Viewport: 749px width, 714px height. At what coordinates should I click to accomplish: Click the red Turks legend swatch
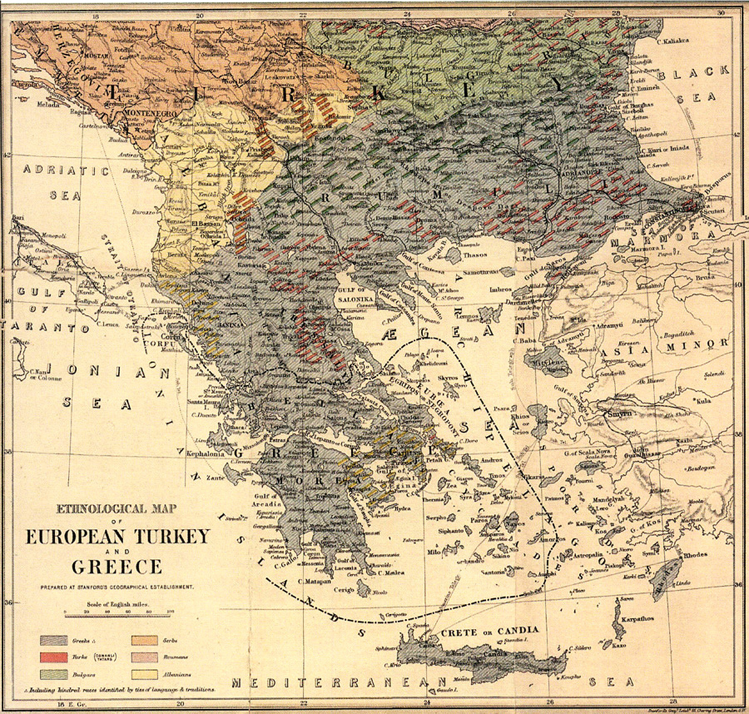tap(54, 657)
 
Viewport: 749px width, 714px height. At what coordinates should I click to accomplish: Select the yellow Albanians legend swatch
tap(146, 675)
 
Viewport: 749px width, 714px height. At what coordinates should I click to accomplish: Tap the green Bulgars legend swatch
tap(54, 675)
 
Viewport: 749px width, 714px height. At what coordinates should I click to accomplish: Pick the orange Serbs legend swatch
tap(146, 641)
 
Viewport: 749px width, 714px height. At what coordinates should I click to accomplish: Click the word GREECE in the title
tap(117, 566)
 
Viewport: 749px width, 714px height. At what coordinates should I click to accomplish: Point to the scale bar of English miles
tap(117, 615)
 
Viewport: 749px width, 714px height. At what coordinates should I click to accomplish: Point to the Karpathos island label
tap(637, 619)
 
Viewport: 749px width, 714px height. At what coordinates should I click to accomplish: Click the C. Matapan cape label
tap(315, 581)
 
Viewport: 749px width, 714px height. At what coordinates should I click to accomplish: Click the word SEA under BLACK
tap(703, 97)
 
